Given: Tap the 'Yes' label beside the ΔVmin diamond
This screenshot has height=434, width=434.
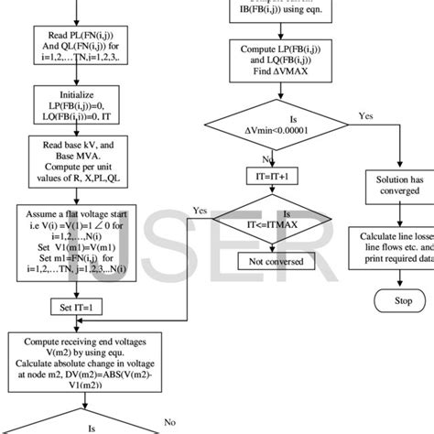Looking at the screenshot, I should coord(365,117).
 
